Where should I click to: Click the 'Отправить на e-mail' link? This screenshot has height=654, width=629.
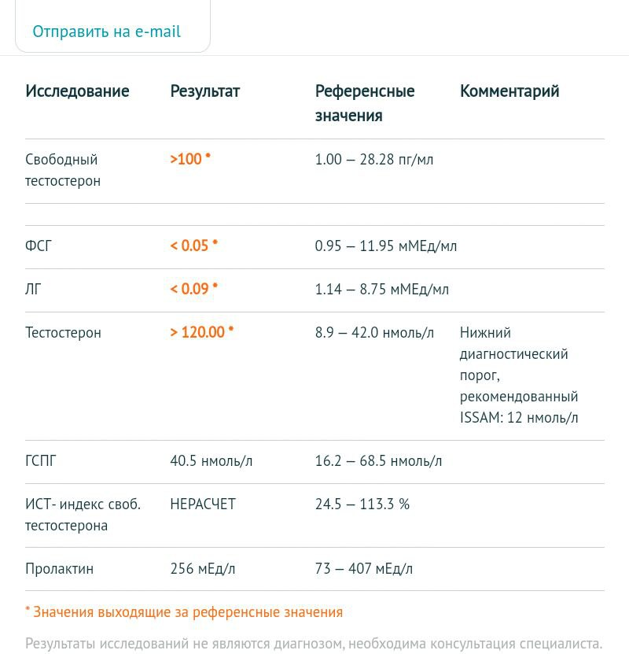click(x=106, y=31)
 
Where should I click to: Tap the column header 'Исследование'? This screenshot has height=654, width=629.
click(x=77, y=91)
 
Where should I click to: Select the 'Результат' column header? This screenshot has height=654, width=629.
click(x=204, y=91)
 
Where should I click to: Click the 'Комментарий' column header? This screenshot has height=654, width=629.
click(x=509, y=91)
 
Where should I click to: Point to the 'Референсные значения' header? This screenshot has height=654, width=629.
click(x=364, y=103)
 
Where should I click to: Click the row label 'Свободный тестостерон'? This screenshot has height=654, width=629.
click(x=63, y=170)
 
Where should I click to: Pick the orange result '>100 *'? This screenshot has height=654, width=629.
click(x=190, y=159)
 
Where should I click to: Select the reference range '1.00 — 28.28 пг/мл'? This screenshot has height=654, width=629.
click(x=373, y=160)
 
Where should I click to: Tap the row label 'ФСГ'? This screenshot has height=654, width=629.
click(x=39, y=246)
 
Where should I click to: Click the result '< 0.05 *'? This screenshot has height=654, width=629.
click(x=193, y=246)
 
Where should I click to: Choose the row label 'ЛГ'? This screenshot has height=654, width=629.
click(x=33, y=290)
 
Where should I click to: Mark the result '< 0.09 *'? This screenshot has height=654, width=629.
click(x=193, y=289)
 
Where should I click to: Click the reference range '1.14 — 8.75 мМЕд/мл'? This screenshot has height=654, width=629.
click(x=381, y=290)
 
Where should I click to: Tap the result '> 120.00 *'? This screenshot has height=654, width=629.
click(x=201, y=332)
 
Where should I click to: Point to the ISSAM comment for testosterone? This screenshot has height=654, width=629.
click(x=519, y=375)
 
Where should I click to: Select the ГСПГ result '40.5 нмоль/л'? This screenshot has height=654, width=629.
click(x=211, y=461)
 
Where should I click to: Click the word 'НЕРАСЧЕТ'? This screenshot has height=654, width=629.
click(x=203, y=504)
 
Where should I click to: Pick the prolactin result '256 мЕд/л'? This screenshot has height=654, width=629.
click(x=202, y=569)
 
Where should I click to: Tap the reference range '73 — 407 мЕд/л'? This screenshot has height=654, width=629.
click(x=363, y=569)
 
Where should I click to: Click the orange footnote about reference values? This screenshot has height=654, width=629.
click(x=184, y=612)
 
